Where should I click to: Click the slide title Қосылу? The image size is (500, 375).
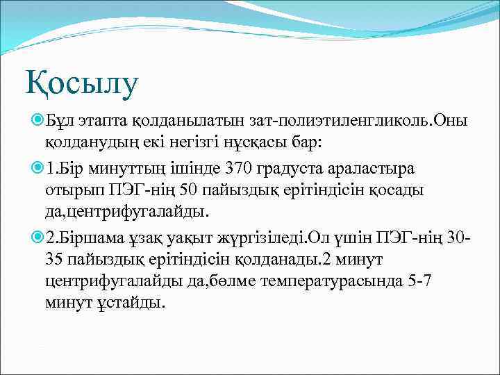click(x=83, y=82)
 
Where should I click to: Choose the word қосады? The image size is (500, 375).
click(x=401, y=190)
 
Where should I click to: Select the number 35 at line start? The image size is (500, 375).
click(x=56, y=259)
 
